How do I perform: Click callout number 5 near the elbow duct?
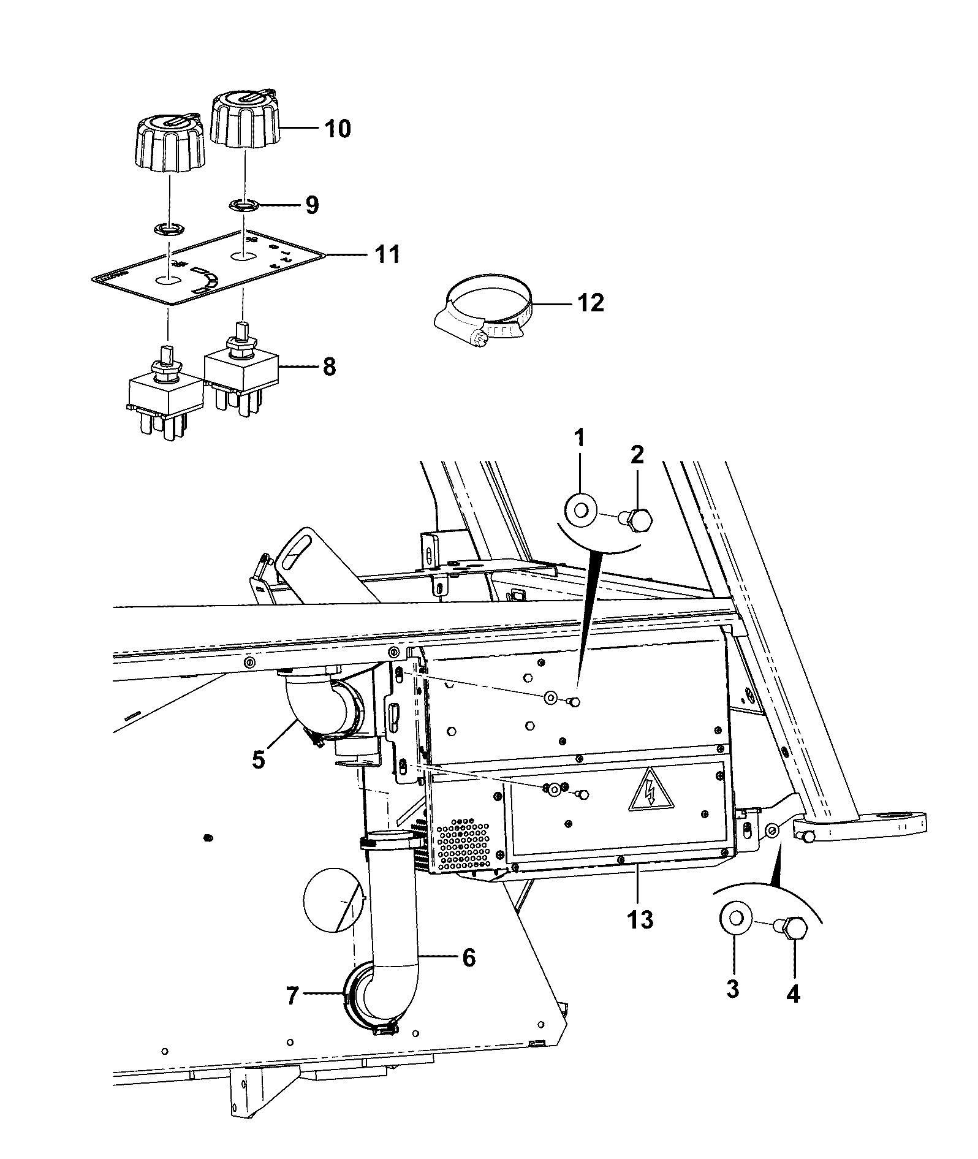point(258,759)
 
